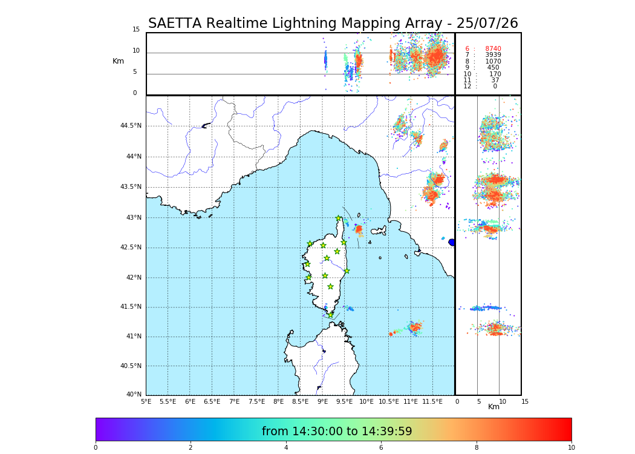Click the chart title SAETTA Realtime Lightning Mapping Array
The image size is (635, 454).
[x=333, y=24]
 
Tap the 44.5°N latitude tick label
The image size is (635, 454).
[x=130, y=126]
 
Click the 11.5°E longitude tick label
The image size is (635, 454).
[x=432, y=401]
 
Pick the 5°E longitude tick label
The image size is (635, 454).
[x=146, y=401]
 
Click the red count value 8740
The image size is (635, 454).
[x=493, y=49]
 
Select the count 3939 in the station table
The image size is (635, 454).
[x=493, y=55]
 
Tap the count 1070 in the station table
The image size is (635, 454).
[x=493, y=62]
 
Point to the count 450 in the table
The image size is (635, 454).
[x=493, y=68]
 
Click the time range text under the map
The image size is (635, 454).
[x=337, y=432]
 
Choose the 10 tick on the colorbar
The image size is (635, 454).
[x=571, y=448]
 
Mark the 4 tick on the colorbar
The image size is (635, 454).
[x=286, y=448]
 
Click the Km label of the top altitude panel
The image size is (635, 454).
[x=118, y=61]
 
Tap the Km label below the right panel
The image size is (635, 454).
[x=494, y=407]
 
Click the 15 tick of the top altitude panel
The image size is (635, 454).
[x=136, y=30]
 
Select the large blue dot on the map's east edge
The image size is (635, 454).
[x=452, y=242]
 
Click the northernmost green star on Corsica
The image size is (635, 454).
[x=339, y=219]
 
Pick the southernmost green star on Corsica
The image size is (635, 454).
[x=330, y=315]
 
